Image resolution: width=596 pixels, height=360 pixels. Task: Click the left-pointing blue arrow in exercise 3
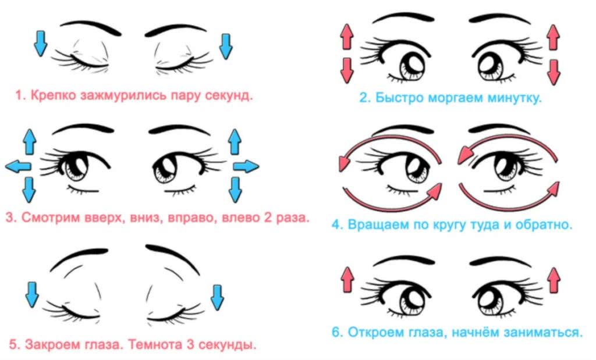tap(17, 167)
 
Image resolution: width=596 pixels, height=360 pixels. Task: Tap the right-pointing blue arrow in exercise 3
tap(246, 166)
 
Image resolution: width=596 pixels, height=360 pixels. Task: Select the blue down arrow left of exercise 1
tap(40, 44)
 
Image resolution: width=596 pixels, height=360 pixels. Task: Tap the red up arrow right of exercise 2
tap(553, 38)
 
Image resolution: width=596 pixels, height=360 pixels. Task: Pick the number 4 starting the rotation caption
tap(335, 223)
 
